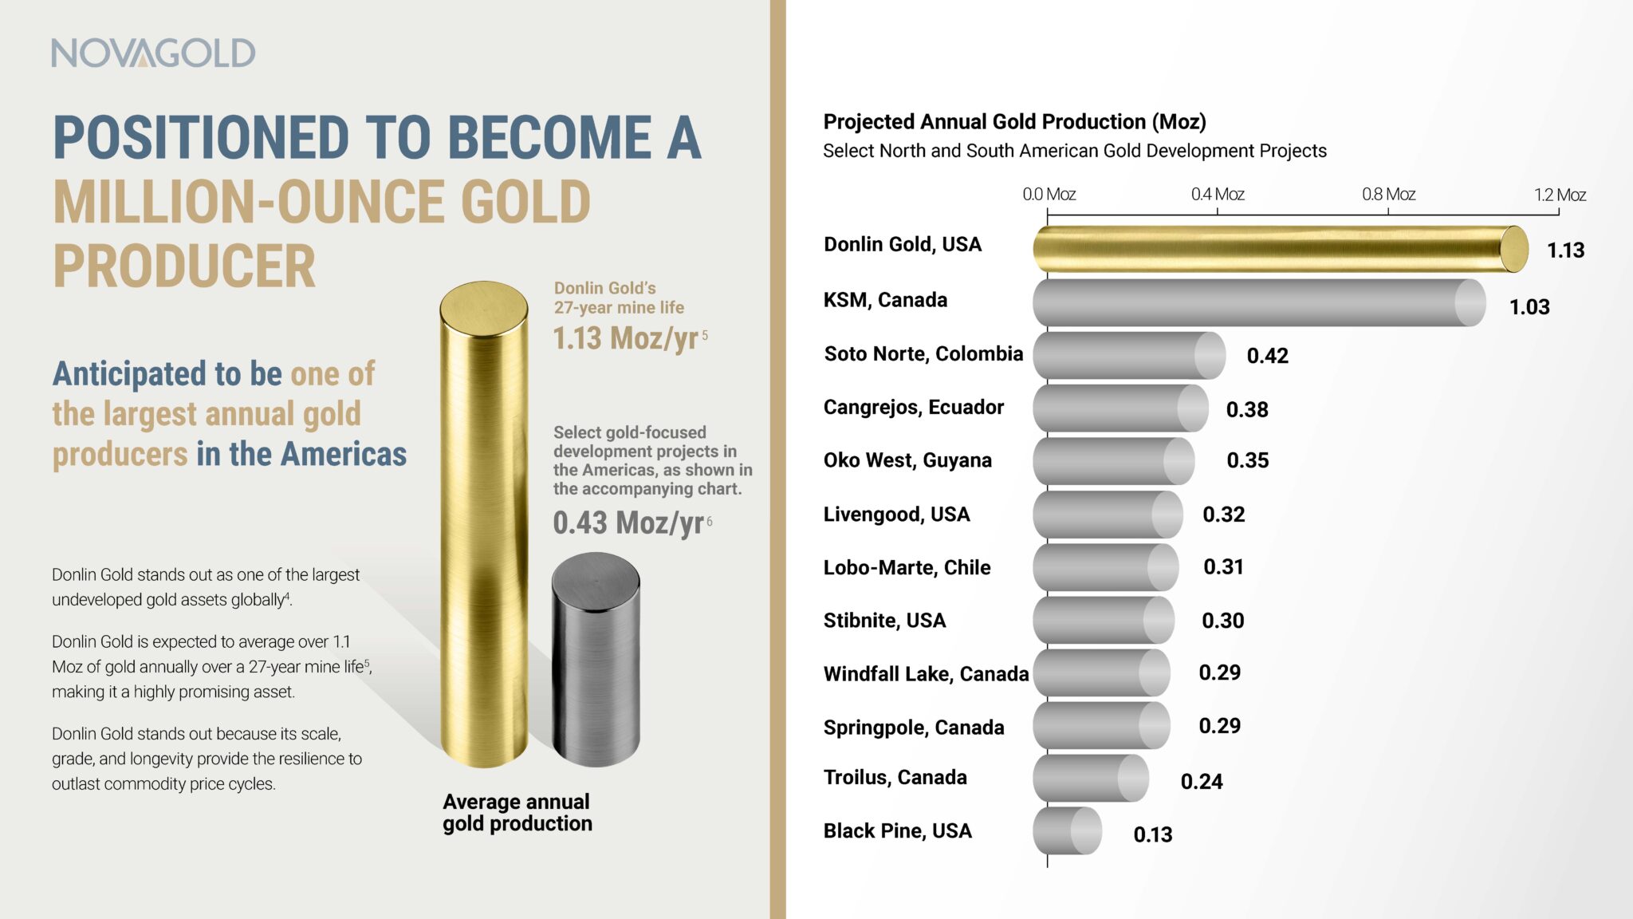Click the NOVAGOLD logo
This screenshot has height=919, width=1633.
pos(153,53)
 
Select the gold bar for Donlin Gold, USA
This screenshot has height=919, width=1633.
pos(1276,249)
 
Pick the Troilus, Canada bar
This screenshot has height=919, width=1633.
pos(1089,778)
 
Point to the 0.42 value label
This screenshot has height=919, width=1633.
pos(1267,356)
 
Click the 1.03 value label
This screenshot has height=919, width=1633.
pos(1529,307)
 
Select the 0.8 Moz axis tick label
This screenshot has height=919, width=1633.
pos(1388,194)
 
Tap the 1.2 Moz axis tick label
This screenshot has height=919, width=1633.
pos(1560,195)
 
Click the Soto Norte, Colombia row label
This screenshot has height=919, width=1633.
pos(923,353)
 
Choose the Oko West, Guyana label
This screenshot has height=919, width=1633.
pos(907,460)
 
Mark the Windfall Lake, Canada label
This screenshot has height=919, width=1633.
pos(926,674)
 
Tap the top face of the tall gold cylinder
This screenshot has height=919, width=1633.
pos(483,306)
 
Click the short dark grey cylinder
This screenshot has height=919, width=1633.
pos(596,662)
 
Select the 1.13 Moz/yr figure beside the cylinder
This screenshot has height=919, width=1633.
pos(626,338)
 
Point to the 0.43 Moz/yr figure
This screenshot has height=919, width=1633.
pos(628,523)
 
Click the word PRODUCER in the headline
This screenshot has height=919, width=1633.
pos(184,266)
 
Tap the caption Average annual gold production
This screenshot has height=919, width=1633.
pos(517,812)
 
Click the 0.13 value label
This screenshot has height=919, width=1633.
pos(1152,834)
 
